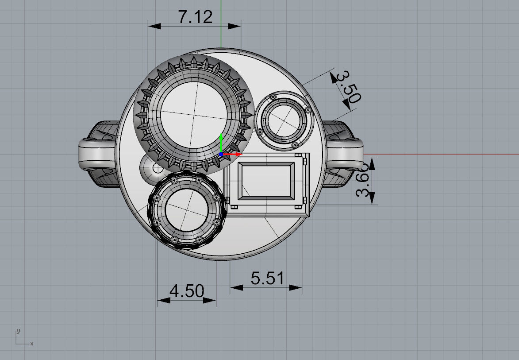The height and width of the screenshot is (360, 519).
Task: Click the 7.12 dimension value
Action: (195, 17)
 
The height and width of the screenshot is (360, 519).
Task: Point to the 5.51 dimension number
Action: (267, 279)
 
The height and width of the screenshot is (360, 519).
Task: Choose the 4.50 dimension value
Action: (187, 291)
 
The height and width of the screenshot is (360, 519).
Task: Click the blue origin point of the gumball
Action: (221, 155)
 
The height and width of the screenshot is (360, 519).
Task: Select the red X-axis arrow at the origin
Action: (238, 154)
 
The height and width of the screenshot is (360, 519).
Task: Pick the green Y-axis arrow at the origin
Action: (221, 138)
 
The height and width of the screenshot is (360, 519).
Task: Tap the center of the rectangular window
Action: (267, 180)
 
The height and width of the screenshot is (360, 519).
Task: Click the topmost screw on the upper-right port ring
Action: (274, 96)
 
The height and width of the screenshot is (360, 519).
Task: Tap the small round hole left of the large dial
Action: (156, 168)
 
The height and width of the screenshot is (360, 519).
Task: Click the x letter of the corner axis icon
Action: (32, 344)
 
